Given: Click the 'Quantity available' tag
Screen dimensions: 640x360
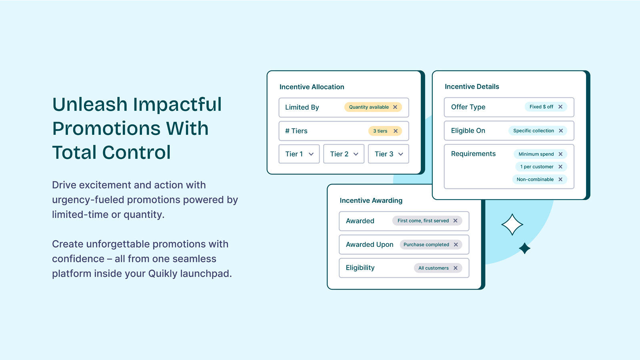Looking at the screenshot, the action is (x=373, y=107).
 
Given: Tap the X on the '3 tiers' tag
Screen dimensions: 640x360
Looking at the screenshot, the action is (x=396, y=131).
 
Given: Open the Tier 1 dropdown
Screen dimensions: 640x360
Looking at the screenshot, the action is (x=299, y=154).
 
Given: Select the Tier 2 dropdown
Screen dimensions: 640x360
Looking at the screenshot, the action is (x=344, y=154).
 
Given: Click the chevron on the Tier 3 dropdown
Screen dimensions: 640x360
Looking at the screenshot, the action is (x=400, y=154).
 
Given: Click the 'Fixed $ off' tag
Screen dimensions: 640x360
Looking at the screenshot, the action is (x=546, y=107).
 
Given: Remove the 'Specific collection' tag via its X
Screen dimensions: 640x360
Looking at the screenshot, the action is (x=561, y=130).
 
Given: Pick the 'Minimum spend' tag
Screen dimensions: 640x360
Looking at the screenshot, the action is (x=540, y=154).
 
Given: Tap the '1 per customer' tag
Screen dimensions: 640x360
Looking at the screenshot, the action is (x=541, y=166).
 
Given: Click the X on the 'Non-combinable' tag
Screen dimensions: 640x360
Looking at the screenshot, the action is (x=560, y=180).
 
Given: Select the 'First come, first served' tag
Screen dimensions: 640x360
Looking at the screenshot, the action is (x=427, y=220).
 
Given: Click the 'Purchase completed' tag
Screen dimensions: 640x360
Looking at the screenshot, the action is (x=430, y=244).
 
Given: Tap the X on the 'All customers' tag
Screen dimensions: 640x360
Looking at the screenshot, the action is (x=456, y=268).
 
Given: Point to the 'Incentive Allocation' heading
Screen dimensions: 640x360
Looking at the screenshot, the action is (x=312, y=87).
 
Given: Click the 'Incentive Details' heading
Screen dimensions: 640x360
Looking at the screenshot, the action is (x=472, y=86).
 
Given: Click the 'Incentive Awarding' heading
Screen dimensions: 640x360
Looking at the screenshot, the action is (x=371, y=200).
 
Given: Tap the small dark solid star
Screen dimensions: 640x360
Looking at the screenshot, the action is (x=524, y=248).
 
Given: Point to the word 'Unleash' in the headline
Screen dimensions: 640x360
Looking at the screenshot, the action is (x=90, y=104).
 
